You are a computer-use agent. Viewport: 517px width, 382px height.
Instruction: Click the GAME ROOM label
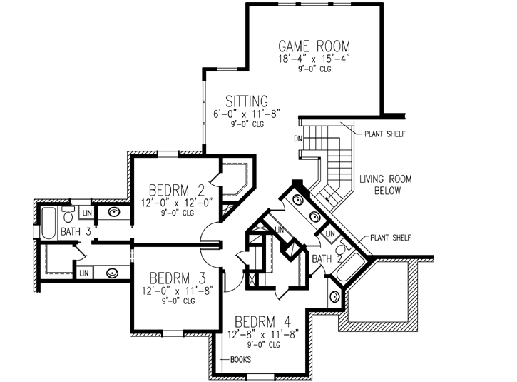coord(314,46)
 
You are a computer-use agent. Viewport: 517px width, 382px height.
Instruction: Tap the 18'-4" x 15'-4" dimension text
coord(314,59)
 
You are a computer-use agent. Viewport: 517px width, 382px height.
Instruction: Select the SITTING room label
coord(247,101)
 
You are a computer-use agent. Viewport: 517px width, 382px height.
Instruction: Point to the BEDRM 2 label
coord(178,191)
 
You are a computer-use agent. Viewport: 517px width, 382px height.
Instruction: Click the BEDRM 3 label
coord(178,277)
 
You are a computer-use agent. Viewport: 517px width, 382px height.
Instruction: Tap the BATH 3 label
coord(75,231)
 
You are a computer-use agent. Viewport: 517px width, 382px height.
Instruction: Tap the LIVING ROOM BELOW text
coord(385,185)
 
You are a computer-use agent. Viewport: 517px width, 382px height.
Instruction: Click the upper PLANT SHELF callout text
coord(387,134)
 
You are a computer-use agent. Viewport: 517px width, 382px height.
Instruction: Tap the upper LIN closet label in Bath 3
coord(86,213)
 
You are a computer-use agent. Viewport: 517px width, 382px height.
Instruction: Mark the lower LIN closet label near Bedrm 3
coord(84,272)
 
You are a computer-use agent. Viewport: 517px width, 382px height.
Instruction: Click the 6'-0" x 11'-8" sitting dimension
coord(247,114)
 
